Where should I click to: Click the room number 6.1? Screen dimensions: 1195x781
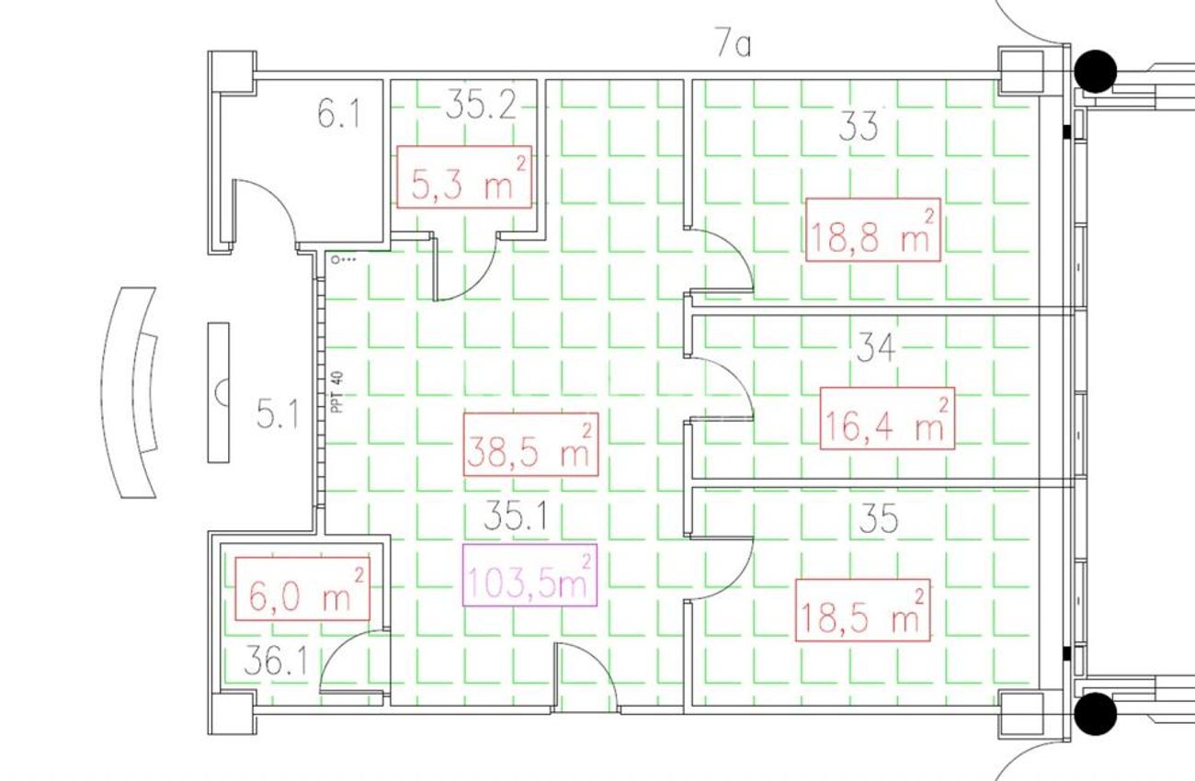[338, 115]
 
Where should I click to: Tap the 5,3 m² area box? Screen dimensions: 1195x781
[464, 177]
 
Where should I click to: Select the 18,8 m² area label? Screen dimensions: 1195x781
[872, 230]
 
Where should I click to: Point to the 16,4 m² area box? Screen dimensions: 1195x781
[887, 418]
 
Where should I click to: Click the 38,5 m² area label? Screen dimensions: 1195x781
[530, 445]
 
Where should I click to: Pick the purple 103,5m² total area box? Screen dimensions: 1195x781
[529, 575]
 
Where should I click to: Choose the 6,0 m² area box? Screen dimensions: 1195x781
[302, 589]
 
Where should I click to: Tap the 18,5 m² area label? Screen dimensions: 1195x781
[862, 610]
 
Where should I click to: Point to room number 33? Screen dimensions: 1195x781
[858, 128]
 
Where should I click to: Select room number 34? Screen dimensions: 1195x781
[875, 349]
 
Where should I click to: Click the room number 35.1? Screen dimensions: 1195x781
[515, 517]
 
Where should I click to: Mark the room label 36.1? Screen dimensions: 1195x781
[276, 664]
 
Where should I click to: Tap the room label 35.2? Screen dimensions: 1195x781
[481, 106]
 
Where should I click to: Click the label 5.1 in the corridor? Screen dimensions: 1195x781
[277, 416]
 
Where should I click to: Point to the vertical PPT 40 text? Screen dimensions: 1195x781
[337, 392]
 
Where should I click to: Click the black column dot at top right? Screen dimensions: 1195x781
[1095, 72]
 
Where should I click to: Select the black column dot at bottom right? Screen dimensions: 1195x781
[1095, 714]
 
